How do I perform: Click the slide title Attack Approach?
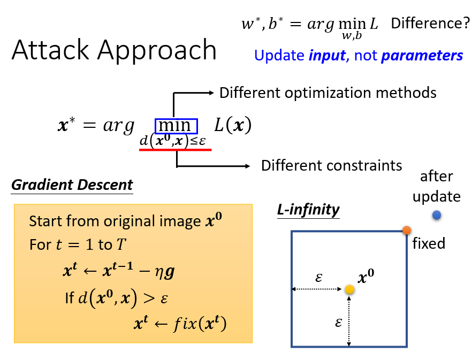point(114,50)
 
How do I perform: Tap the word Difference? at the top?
point(430,24)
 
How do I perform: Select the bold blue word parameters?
point(422,55)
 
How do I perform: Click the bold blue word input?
point(326,55)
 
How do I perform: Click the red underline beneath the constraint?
point(175,150)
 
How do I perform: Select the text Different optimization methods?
point(328,93)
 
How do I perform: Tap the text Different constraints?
point(331,165)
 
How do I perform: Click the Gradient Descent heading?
point(72,185)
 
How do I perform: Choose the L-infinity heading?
point(308,210)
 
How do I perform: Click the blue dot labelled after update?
point(437,215)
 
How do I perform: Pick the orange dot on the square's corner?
point(407,231)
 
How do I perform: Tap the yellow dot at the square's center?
point(349,289)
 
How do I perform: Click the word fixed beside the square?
point(429,244)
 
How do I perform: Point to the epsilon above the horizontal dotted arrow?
point(319,278)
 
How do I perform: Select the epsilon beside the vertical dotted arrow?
point(338,323)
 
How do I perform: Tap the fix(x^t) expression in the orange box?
point(196,324)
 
